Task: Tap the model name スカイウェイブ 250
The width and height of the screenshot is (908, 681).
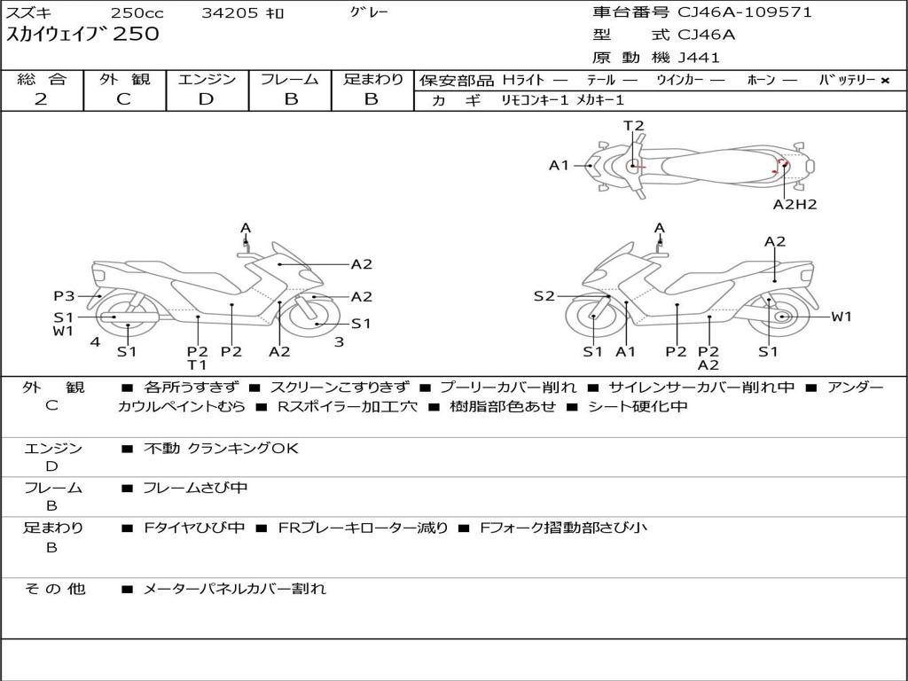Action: pyautogui.click(x=83, y=35)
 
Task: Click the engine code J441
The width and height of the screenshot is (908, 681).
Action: pyautogui.click(x=700, y=58)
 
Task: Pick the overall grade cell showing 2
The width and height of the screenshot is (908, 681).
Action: pyautogui.click(x=41, y=99)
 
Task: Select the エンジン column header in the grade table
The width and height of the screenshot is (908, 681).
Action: pyautogui.click(x=207, y=80)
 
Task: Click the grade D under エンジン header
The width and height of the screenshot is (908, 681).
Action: pyautogui.click(x=207, y=99)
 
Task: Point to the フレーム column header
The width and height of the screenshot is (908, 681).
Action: pyautogui.click(x=290, y=80)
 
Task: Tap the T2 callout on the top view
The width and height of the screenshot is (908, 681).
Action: pyautogui.click(x=633, y=126)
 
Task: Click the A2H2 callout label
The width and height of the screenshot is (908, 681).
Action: pyautogui.click(x=794, y=204)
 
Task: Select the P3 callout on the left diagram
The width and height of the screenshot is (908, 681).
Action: pyautogui.click(x=64, y=296)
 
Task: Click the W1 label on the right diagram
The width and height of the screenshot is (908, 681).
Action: pyautogui.click(x=841, y=317)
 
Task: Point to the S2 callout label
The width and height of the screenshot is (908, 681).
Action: pyautogui.click(x=544, y=296)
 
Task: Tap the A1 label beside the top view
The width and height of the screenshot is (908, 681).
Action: pyautogui.click(x=559, y=165)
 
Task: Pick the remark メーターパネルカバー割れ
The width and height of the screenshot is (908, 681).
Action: pyautogui.click(x=235, y=588)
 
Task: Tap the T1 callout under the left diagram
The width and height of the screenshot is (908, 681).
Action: pyautogui.click(x=197, y=364)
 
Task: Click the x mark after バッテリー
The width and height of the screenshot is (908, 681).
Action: pyautogui.click(x=885, y=80)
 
